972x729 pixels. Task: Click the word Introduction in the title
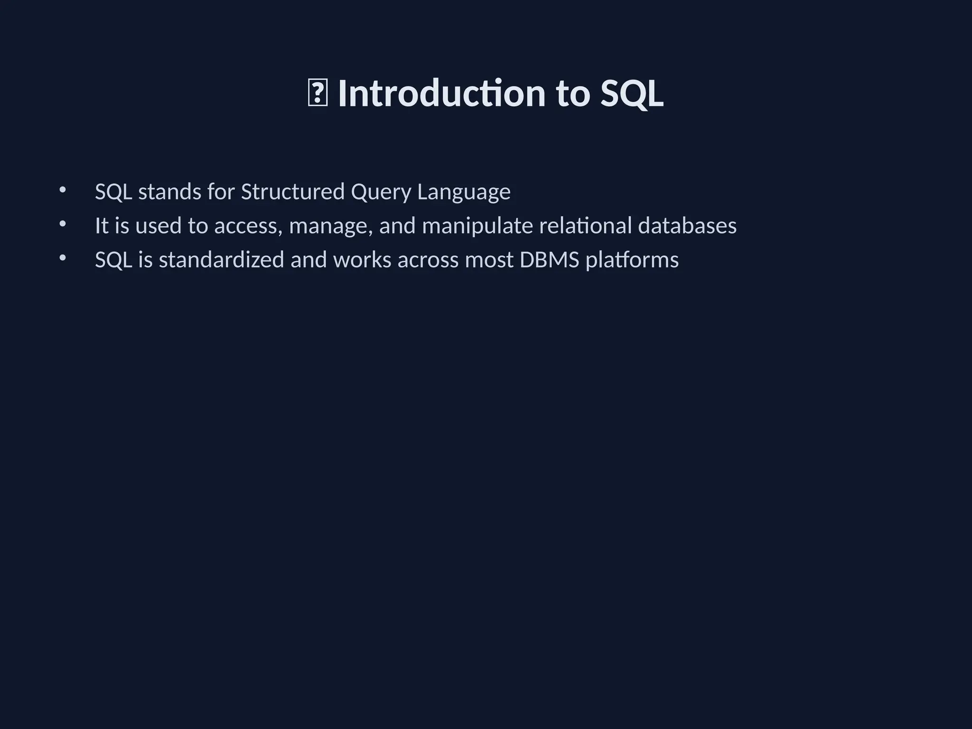tap(441, 93)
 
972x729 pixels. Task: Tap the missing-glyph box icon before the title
tap(318, 94)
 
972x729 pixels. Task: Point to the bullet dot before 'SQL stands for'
tap(63, 190)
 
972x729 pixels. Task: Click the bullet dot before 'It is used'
tap(63, 224)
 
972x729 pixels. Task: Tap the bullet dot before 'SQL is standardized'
tap(63, 258)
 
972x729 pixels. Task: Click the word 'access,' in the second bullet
tap(248, 226)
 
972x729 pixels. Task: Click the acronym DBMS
tap(549, 260)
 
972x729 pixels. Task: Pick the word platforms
tap(632, 260)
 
